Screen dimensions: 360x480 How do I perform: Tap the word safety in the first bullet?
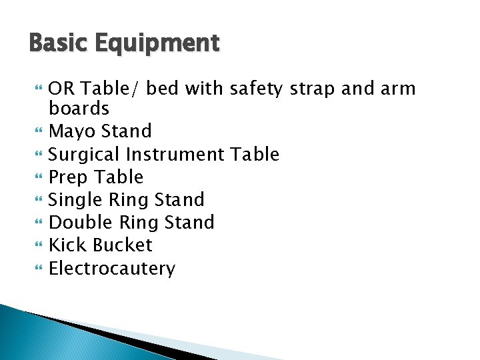[256, 89]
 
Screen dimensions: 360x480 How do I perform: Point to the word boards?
[79, 108]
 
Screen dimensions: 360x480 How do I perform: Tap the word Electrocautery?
[112, 269]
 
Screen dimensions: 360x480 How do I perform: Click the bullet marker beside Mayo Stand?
[39, 131]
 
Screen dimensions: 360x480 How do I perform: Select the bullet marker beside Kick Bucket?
[39, 246]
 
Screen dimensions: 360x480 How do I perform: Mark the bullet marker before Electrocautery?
[39, 269]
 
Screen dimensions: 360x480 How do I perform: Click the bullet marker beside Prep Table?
[39, 177]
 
